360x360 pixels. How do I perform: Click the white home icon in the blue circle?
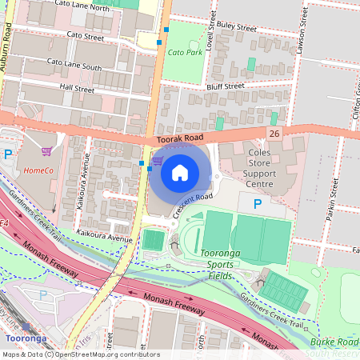[180, 172]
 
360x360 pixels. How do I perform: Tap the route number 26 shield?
[275, 134]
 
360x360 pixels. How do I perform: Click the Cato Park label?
[186, 52]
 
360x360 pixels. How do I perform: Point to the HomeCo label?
[38, 170]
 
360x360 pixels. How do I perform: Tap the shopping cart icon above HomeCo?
[47, 151]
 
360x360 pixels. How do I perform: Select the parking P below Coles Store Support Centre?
[257, 205]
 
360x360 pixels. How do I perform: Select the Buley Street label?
[236, 27]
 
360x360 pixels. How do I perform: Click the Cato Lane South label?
[74, 63]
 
